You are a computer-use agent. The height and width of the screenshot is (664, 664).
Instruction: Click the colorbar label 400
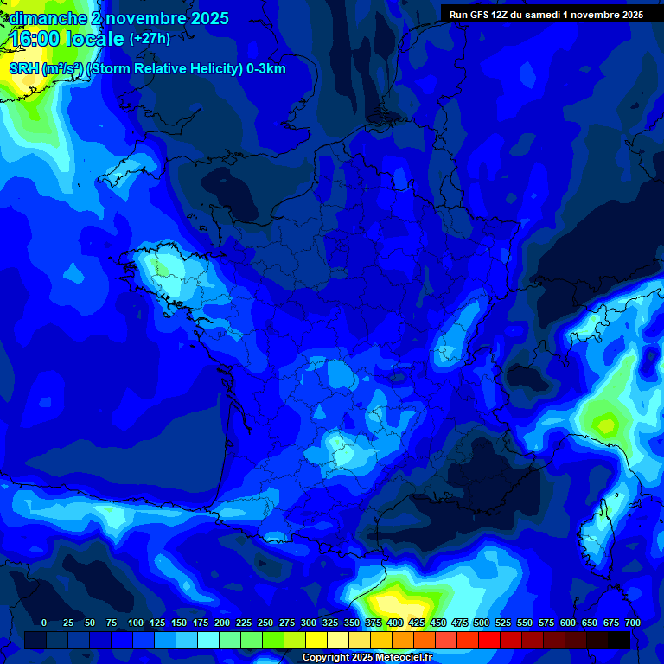(x=395, y=622)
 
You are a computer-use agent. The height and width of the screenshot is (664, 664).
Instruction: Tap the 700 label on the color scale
(x=632, y=622)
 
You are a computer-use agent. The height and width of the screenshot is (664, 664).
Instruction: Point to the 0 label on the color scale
(x=44, y=622)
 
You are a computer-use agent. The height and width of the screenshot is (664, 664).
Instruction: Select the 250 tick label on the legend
(x=265, y=622)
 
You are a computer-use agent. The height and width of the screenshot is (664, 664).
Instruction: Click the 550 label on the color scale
(x=525, y=622)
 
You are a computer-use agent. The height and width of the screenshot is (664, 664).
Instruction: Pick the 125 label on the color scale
(x=157, y=622)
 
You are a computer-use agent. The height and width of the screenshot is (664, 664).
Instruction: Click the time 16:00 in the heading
(x=35, y=39)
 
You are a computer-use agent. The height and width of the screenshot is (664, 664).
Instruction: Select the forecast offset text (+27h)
(x=150, y=39)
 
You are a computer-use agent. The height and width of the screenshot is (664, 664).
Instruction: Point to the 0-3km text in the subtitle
(x=265, y=69)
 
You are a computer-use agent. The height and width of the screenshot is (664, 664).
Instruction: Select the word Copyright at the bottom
(x=328, y=658)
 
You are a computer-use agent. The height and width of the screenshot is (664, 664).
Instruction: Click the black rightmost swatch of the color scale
(x=619, y=641)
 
